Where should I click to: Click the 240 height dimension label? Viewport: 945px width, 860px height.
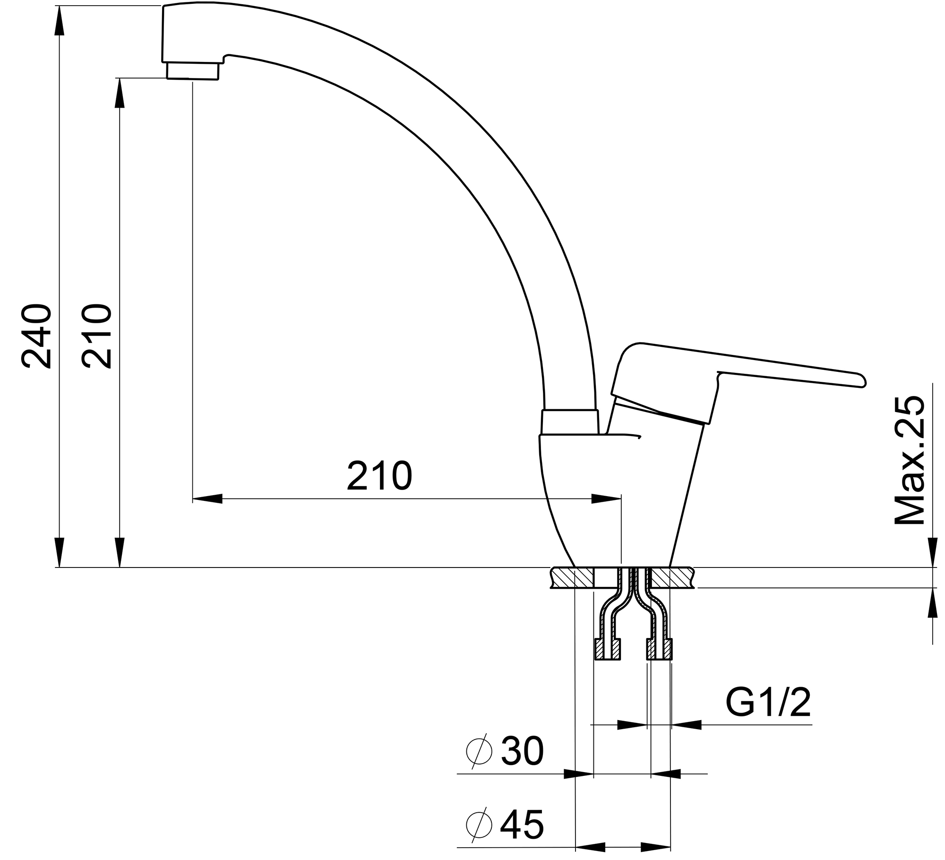pyautogui.click(x=36, y=336)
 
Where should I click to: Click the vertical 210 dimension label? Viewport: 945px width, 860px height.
pyautogui.click(x=97, y=336)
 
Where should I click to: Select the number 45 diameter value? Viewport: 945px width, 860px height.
pyautogui.click(x=522, y=826)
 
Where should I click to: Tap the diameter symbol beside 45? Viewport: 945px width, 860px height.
pyautogui.click(x=479, y=826)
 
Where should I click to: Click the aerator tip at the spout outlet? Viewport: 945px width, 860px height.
pyautogui.click(x=193, y=72)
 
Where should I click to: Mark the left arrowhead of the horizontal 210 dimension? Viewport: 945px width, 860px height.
pyautogui.click(x=208, y=499)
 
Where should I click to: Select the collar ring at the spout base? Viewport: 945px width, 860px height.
pyautogui.click(x=570, y=422)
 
